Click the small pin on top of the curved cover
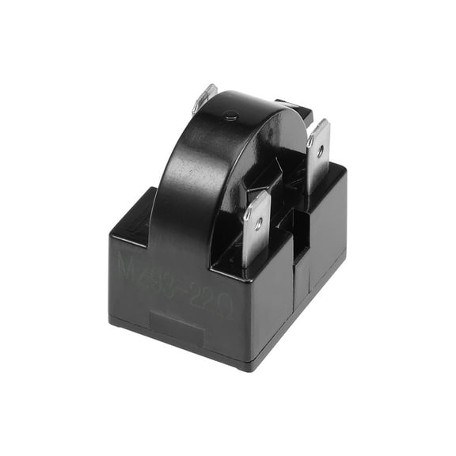coord(230,116)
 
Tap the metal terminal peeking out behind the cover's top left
coord(204,99)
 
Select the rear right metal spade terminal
coord(317,155)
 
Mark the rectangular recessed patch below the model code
coord(177,326)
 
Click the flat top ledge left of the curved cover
coord(139,214)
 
